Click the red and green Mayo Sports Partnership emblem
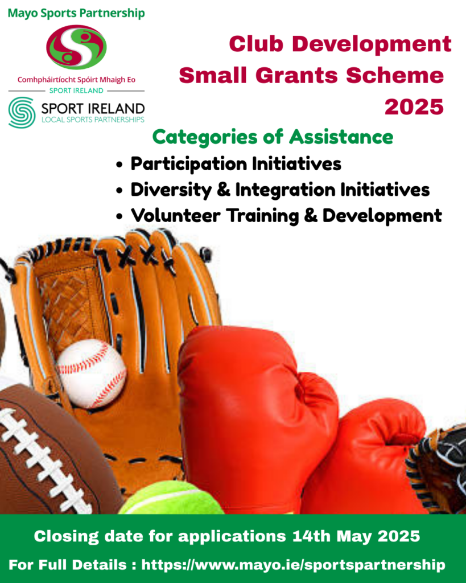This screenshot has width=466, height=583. pos(76,47)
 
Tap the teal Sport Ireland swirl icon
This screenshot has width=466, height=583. pos(22,112)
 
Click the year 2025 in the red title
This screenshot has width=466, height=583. pos(414,107)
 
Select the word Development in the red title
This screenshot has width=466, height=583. pos(372,44)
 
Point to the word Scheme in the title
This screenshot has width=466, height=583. pos(395,76)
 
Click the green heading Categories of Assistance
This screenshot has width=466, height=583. pos(273,137)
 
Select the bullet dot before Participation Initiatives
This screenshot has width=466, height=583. pos(119,164)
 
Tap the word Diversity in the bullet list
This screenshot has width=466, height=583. pos(171,190)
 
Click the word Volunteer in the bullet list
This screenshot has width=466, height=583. pos(175,216)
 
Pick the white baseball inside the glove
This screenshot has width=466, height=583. pos(92,373)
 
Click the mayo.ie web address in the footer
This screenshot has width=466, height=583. pos(293,565)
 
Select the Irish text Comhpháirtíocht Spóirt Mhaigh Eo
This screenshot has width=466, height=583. pos(76,80)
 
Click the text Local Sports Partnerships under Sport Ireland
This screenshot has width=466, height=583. pos(93,120)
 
